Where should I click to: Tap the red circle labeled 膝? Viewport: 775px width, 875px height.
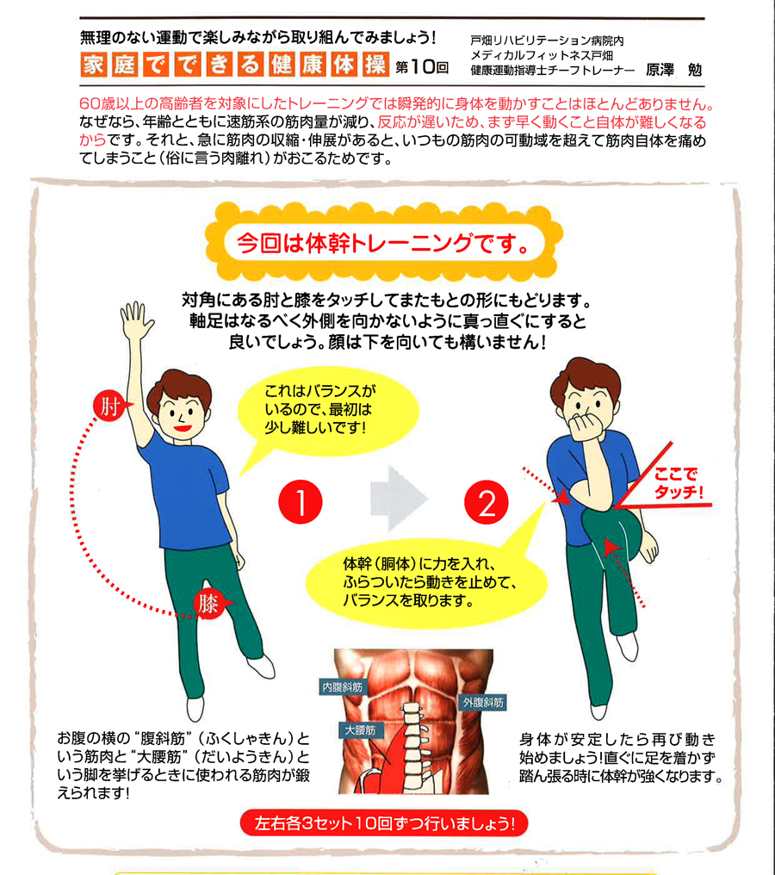(x=208, y=604)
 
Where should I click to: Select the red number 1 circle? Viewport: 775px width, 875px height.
(x=301, y=502)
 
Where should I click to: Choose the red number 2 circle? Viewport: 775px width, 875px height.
(x=486, y=503)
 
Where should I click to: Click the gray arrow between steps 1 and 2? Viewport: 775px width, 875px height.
(x=397, y=499)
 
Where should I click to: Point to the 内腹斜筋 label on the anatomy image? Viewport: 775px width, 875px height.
(x=343, y=687)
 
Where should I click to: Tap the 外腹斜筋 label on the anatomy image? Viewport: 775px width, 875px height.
(x=483, y=703)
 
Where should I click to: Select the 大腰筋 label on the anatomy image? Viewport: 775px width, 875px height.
(x=361, y=730)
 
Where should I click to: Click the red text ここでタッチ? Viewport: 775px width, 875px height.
(x=678, y=482)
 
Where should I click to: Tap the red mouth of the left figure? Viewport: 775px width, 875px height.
(x=183, y=427)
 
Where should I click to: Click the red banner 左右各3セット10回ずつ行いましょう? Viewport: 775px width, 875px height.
(x=384, y=823)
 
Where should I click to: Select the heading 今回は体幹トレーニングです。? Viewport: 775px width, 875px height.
(x=383, y=243)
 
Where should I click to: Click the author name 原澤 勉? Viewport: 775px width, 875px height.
(x=673, y=70)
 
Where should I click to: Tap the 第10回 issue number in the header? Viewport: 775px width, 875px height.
(x=422, y=67)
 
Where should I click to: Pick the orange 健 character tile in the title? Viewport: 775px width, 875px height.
(x=282, y=65)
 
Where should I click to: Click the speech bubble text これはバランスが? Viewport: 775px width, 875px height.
(x=319, y=391)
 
